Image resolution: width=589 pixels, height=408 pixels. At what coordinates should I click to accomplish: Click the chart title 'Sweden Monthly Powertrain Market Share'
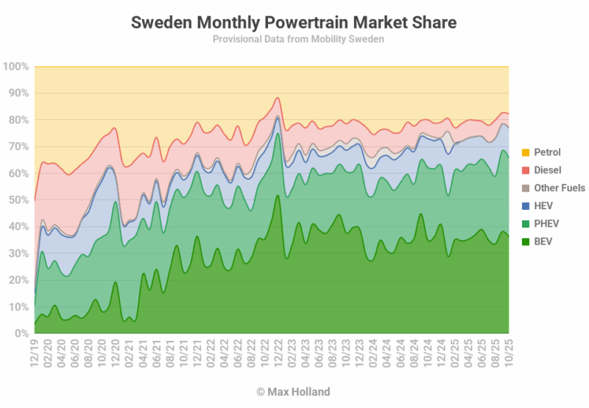coord(294,23)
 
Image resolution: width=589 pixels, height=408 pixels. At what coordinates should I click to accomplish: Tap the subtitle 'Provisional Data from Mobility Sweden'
coord(294,39)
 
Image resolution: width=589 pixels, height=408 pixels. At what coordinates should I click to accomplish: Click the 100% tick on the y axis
coord(16,66)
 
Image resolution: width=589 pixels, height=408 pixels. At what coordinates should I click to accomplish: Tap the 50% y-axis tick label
coord(18,200)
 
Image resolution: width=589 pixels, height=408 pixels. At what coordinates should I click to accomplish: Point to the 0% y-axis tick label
coord(21,333)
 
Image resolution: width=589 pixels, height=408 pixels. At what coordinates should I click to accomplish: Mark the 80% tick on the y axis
coord(18,120)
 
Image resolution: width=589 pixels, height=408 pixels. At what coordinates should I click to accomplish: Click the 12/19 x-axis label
coord(35,354)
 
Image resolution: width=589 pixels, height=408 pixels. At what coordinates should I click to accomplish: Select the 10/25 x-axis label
coord(509,354)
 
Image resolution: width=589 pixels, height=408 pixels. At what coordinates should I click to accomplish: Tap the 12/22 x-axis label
coord(277,354)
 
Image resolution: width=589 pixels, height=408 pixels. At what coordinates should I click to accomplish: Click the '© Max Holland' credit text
coord(294,392)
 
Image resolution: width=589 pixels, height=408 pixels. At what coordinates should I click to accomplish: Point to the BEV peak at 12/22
coord(277,196)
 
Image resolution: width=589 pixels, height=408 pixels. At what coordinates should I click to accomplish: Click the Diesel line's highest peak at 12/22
coord(277,98)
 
